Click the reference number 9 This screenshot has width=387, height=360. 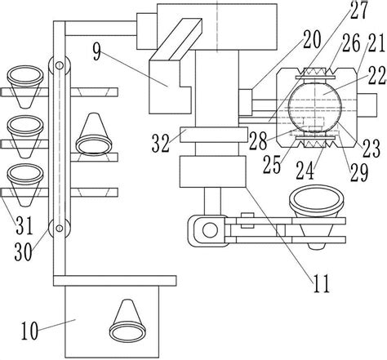tap(97, 52)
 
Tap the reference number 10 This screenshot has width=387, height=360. tap(29, 331)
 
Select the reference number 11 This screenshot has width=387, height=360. tap(322, 283)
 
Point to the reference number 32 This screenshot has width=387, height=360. tap(161, 144)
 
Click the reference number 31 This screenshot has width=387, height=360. tap(24, 225)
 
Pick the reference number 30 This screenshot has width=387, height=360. tap(23, 251)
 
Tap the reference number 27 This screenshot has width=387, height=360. tap(359, 10)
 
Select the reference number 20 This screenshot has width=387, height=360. tap(312, 39)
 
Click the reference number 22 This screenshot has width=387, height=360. tap(378, 76)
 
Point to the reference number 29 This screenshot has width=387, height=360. tap(359, 172)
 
